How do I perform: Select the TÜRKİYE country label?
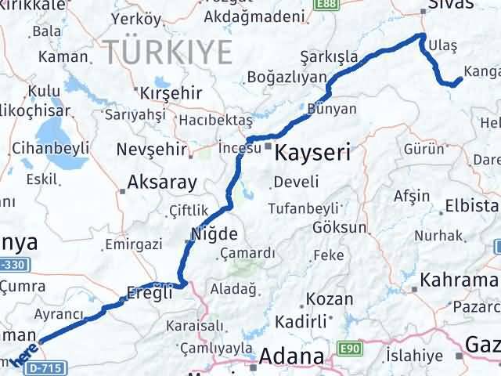pos(169,52)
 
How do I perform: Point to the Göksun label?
pos(339,228)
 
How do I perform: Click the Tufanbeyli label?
pos(302,208)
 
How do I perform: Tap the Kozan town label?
pos(323,298)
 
